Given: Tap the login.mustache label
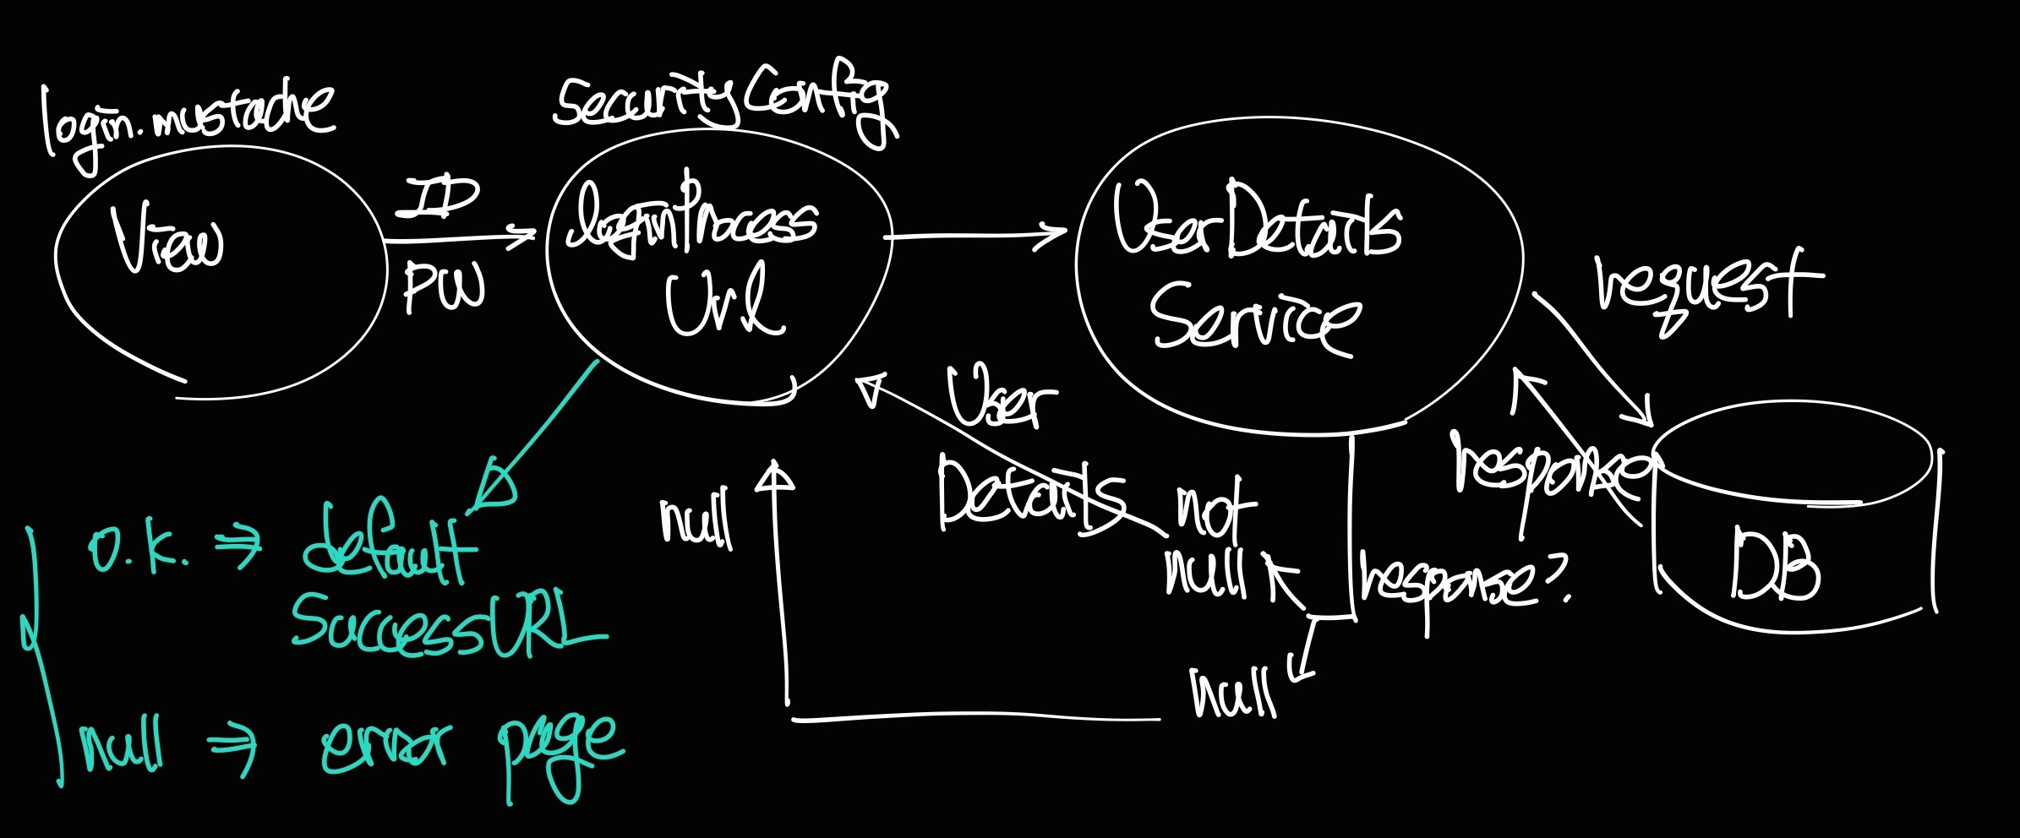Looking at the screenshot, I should (x=188, y=120).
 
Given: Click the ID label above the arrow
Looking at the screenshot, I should (x=438, y=198).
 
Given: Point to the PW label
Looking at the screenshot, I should (x=444, y=286).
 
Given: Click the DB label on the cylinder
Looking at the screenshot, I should (x=1775, y=566).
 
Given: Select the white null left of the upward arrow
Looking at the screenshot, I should (x=695, y=520).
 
